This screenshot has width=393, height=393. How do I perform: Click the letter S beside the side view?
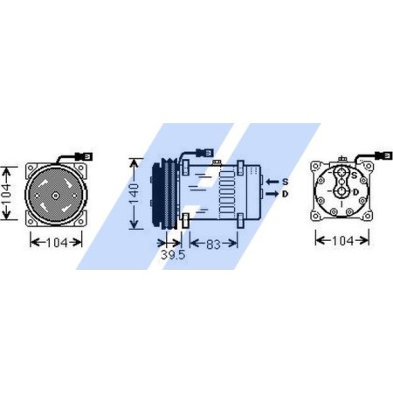(x=286, y=181)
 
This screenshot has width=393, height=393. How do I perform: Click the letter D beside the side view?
(x=286, y=193)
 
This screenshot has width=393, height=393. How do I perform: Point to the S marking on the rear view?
(x=352, y=178)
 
